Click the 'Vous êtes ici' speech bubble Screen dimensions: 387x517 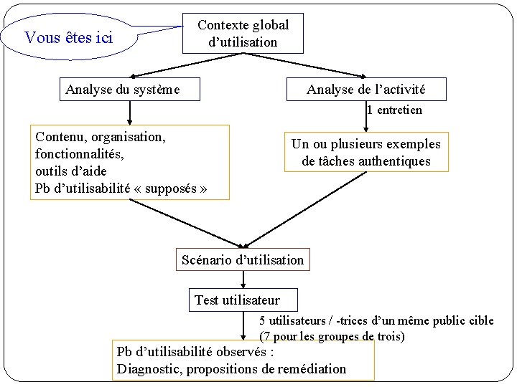69,37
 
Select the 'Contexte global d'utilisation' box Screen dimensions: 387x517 243,34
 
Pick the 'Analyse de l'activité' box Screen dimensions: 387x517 366,90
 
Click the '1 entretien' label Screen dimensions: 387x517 394,110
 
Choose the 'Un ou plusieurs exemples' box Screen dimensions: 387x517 365,152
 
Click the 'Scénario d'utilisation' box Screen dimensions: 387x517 243,259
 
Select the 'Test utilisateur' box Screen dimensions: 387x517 237,300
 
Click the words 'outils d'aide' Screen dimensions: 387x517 70,171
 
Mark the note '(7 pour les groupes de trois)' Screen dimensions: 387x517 332,336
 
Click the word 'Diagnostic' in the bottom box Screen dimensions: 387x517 150,370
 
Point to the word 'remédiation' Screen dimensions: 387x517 309,370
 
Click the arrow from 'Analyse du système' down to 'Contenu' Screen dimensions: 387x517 130,113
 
